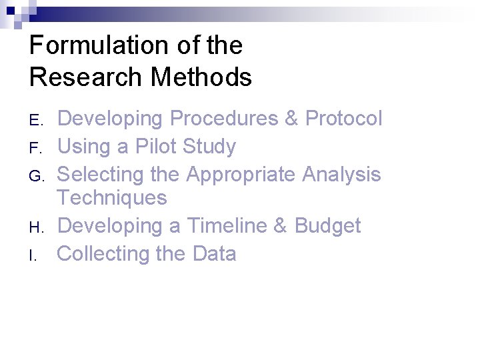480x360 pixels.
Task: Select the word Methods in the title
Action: click(x=201, y=77)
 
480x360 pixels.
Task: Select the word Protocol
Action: click(x=343, y=119)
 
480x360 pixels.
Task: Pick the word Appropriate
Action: click(x=241, y=175)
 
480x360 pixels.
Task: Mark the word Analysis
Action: click(x=341, y=175)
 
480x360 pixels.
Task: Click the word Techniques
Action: click(x=111, y=198)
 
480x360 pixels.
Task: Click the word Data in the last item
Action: click(x=214, y=254)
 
